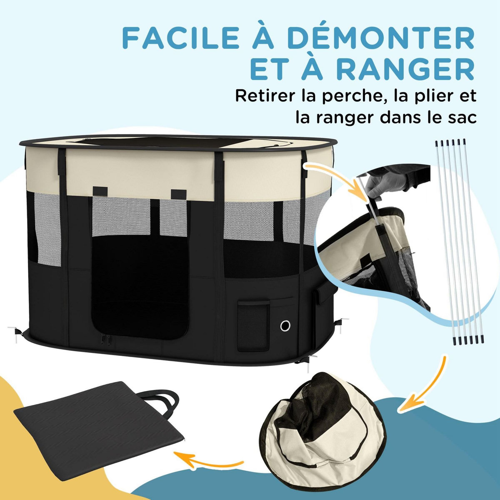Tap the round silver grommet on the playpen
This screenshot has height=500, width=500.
pos(285,325)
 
